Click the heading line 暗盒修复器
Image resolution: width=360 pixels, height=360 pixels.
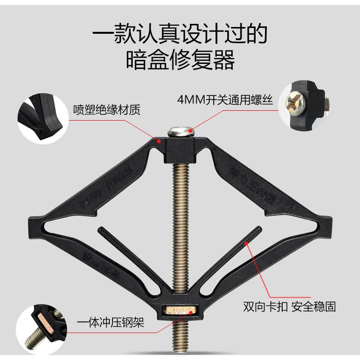coord(180,60)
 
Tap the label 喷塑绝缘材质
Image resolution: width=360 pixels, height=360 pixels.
coord(107,109)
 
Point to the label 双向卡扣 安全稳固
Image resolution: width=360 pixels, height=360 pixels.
coord(289,307)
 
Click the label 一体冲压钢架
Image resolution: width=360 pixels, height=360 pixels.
coord(111,323)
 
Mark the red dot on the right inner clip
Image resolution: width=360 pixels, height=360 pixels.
coord(246,243)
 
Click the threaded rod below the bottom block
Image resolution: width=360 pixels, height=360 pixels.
coord(180,337)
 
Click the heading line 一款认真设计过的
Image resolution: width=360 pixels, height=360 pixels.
coord(180,33)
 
